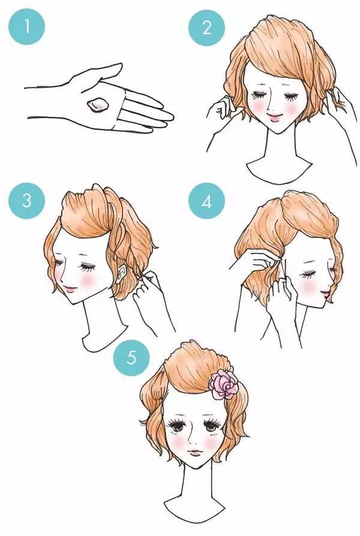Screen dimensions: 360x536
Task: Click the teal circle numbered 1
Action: (26, 26)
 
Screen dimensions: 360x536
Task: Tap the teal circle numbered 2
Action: (206, 28)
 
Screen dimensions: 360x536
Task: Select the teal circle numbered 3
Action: (26, 201)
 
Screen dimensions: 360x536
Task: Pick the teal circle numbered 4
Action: (206, 201)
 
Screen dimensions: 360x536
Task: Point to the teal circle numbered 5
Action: (131, 358)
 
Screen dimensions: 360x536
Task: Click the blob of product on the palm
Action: (98, 105)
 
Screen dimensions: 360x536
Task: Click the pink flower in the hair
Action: (223, 386)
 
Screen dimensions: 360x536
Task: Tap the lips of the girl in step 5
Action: (196, 453)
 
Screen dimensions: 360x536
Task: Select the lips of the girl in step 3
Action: (71, 289)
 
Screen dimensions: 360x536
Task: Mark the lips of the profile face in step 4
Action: (325, 293)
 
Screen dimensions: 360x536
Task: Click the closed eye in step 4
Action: (308, 274)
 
